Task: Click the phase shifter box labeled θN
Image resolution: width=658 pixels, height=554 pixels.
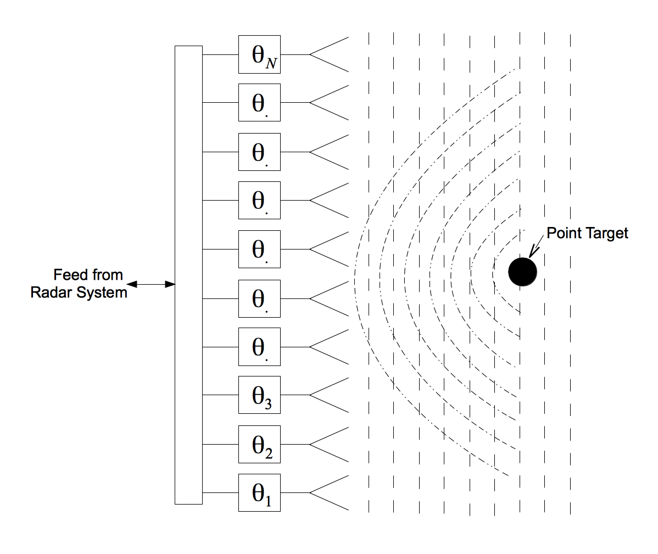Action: tap(259, 54)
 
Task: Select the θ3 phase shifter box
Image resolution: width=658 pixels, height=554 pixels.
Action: tap(259, 395)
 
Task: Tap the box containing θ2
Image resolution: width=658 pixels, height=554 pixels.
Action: tap(259, 444)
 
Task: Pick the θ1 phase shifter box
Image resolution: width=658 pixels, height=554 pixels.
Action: tap(259, 492)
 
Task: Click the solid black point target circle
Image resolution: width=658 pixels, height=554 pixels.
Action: tap(522, 271)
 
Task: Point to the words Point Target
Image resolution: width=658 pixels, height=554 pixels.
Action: tap(587, 233)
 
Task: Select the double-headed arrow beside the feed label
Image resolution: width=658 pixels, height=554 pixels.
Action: tap(151, 284)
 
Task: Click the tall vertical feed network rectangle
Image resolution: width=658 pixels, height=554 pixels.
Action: tap(188, 275)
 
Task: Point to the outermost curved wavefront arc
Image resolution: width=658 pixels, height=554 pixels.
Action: tap(356, 275)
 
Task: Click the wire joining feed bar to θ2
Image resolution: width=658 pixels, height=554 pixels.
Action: tap(220, 444)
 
